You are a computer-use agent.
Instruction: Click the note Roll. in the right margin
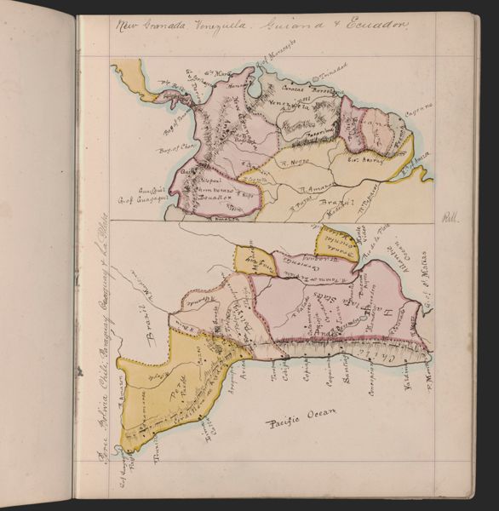click(450, 219)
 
